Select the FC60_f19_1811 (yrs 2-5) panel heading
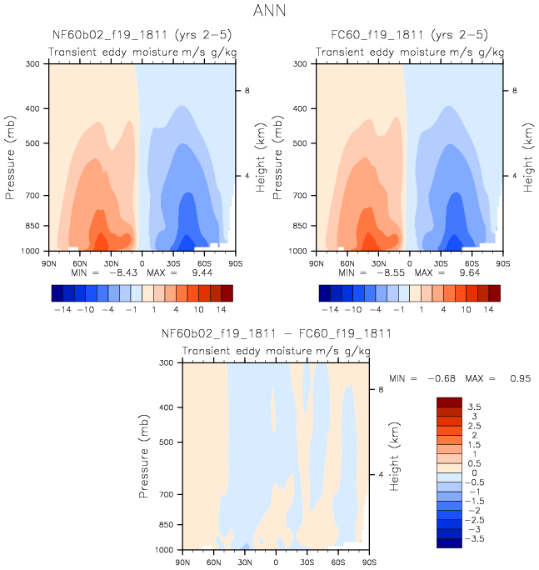click(407, 35)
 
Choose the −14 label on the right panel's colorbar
click(331, 309)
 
